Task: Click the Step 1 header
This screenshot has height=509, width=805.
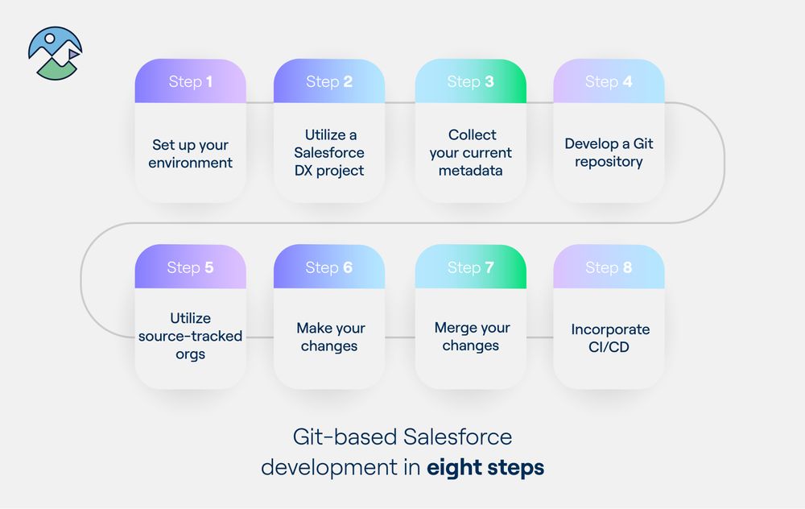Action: [x=191, y=81]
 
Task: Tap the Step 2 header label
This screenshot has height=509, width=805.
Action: [x=329, y=81]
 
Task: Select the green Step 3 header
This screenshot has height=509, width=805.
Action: [x=470, y=81]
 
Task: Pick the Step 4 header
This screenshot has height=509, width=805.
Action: [x=609, y=81]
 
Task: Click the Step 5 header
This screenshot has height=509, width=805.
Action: [x=191, y=267]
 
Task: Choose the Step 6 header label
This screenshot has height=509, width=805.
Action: [x=329, y=267]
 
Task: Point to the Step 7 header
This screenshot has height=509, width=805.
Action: [x=470, y=267]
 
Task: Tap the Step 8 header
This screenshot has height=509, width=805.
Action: [x=609, y=267]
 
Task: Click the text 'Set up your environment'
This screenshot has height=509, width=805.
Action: [x=191, y=154]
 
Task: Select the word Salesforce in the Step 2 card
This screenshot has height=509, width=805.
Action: [x=329, y=153]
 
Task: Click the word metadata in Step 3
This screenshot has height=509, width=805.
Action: [x=471, y=171]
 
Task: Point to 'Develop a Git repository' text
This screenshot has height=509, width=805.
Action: [x=609, y=153]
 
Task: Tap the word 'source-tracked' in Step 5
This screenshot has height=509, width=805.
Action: [x=191, y=336]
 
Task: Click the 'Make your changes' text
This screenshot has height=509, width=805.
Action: [x=329, y=337]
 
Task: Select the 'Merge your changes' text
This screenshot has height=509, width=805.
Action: [x=472, y=337]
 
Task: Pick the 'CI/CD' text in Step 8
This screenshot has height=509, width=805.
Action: [x=609, y=347]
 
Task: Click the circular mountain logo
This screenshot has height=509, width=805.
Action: [x=55, y=54]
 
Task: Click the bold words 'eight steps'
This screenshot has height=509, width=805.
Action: [x=485, y=467]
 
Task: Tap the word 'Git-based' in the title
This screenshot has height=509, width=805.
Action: [x=345, y=437]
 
